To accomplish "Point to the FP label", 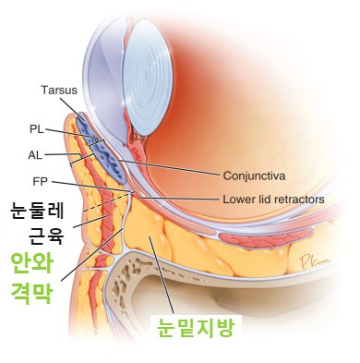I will tap(38, 181).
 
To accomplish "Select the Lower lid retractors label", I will tap(273, 198).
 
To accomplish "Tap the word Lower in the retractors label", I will tap(238, 198).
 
